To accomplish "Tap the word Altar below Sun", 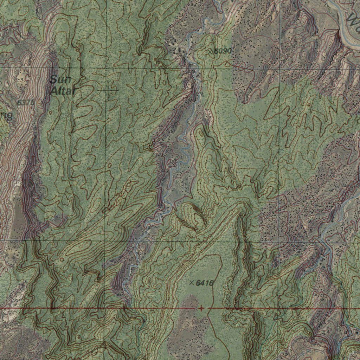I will [63, 91].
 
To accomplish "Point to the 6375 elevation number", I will [26, 103].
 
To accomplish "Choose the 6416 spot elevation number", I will [205, 283].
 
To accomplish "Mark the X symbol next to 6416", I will [192, 283].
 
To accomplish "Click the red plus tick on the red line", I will [201, 308].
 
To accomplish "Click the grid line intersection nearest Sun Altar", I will [105, 67].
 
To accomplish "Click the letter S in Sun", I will [53, 79].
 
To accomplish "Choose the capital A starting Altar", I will [53, 91].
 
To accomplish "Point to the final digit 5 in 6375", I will [32, 103].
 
